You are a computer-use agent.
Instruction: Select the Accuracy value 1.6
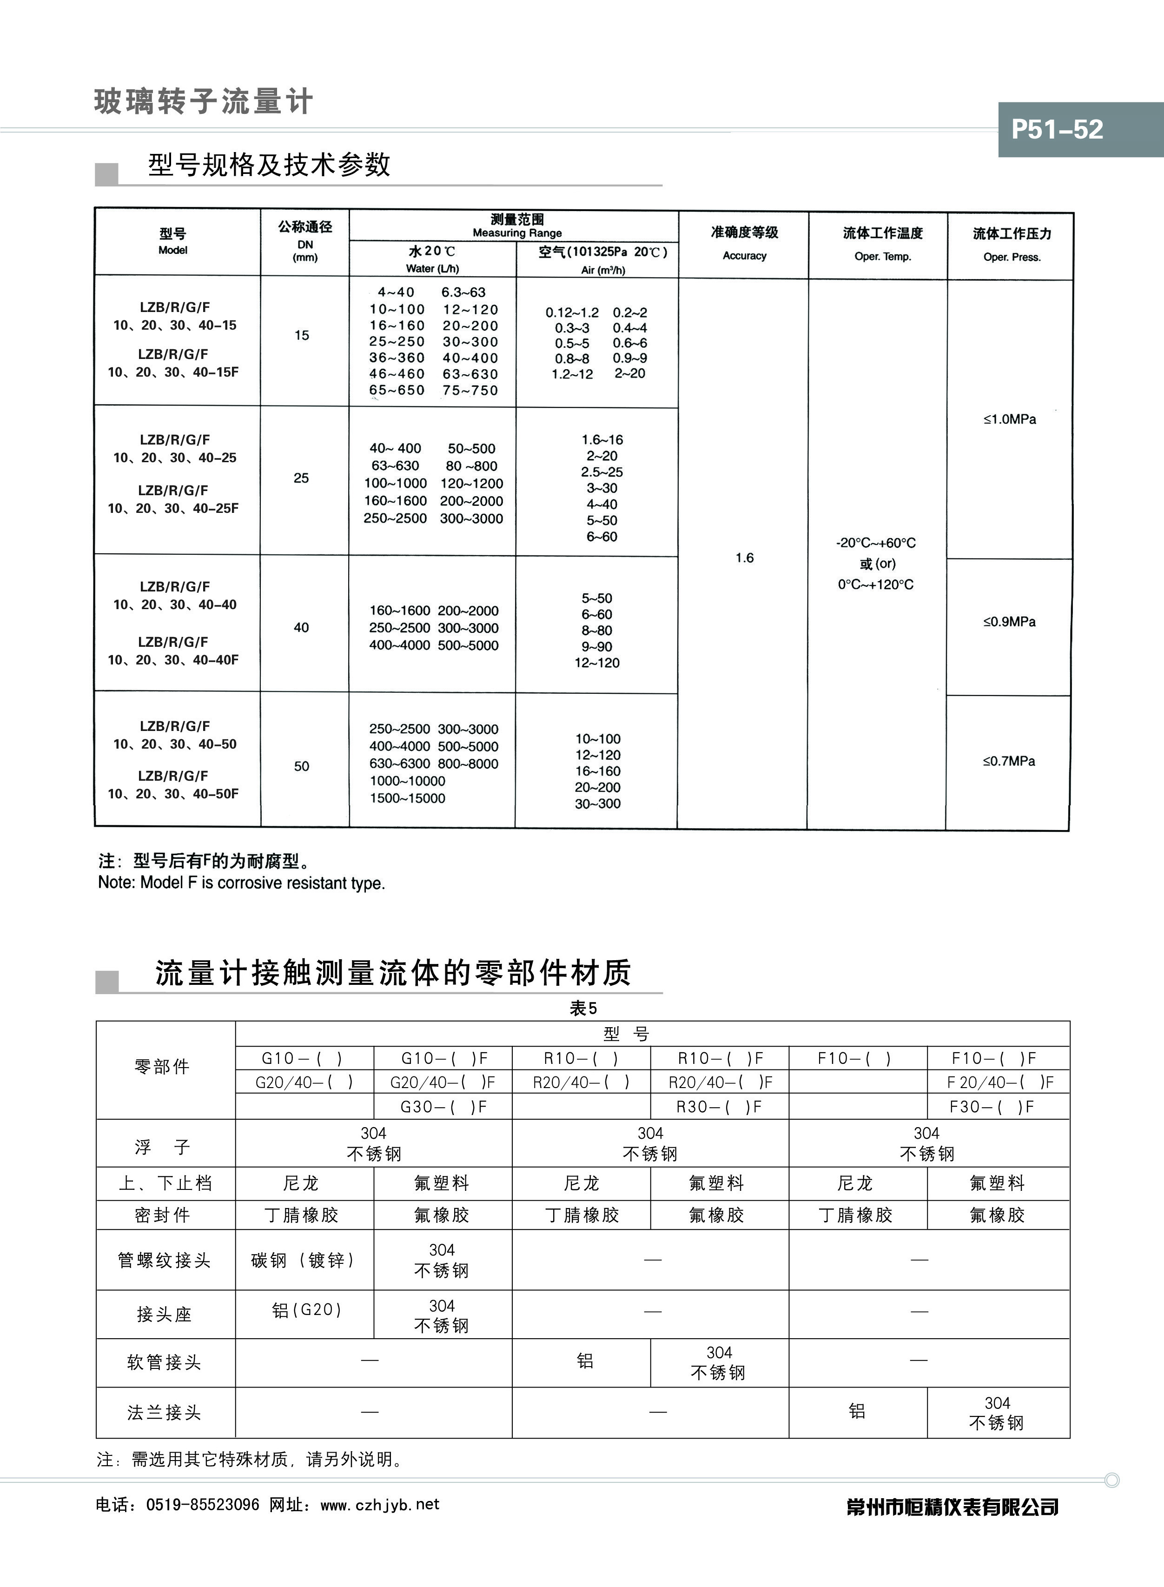tap(744, 558)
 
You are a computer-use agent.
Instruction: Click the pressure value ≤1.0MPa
tap(1010, 419)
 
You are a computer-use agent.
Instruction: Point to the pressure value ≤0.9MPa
tap(1009, 622)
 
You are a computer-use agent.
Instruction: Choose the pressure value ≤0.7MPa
tap(1009, 761)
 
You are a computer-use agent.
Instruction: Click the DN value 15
tap(302, 335)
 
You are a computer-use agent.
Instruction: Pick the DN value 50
tap(302, 766)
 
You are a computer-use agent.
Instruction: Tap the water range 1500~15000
tap(407, 798)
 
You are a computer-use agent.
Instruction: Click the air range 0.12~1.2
tap(572, 312)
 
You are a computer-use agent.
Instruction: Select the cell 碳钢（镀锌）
tap(304, 1260)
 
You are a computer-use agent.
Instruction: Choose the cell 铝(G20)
tap(306, 1310)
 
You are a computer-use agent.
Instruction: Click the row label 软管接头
tap(164, 1362)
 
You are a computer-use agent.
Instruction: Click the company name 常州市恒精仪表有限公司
tap(952, 1507)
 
